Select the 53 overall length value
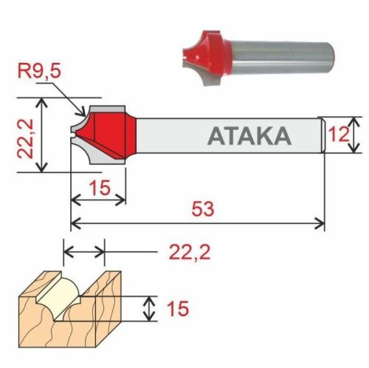point(201,209)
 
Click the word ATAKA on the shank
point(249,137)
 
